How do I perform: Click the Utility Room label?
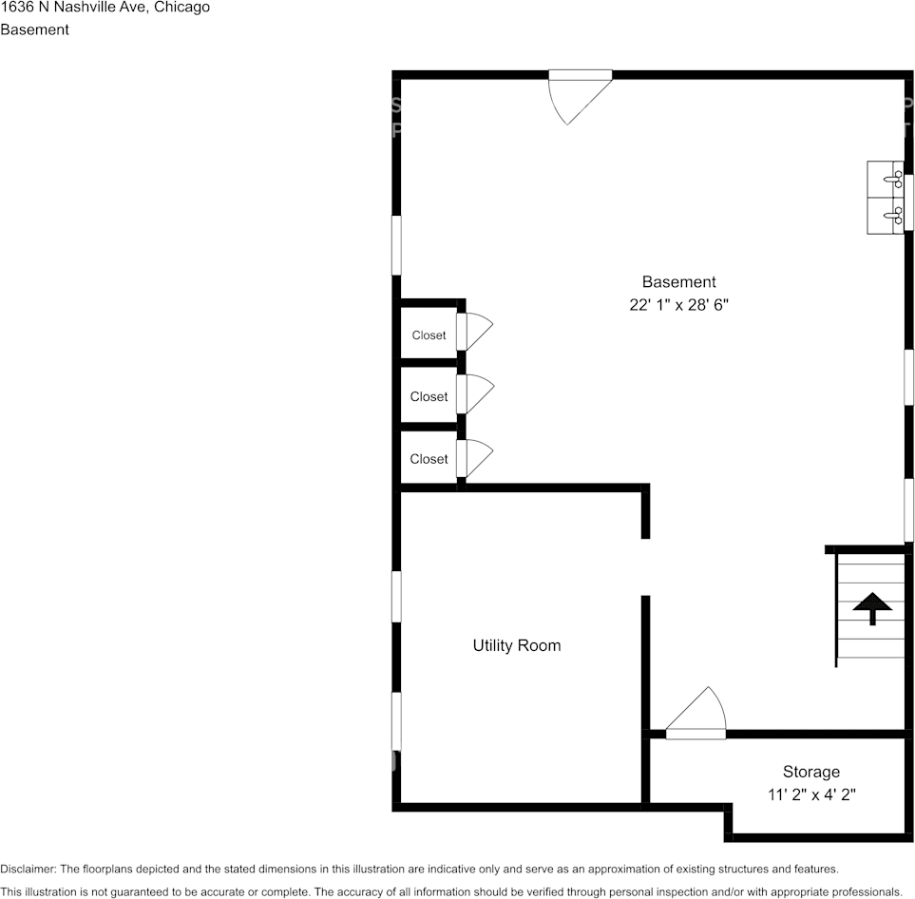[x=516, y=645]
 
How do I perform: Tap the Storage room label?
[x=810, y=772]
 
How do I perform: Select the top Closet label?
[x=429, y=335]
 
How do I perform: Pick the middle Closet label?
[x=429, y=397]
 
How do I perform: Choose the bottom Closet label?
[x=429, y=459]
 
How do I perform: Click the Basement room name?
[x=678, y=281]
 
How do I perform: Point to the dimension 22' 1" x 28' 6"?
[x=678, y=305]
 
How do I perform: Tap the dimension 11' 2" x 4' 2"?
[x=811, y=795]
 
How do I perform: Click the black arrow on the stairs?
[x=871, y=608]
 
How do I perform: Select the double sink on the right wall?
[x=886, y=198]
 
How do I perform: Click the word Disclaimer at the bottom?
[x=28, y=869]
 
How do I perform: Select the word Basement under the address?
[x=34, y=29]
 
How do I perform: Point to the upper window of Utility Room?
[x=396, y=596]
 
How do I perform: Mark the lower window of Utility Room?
[x=396, y=720]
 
